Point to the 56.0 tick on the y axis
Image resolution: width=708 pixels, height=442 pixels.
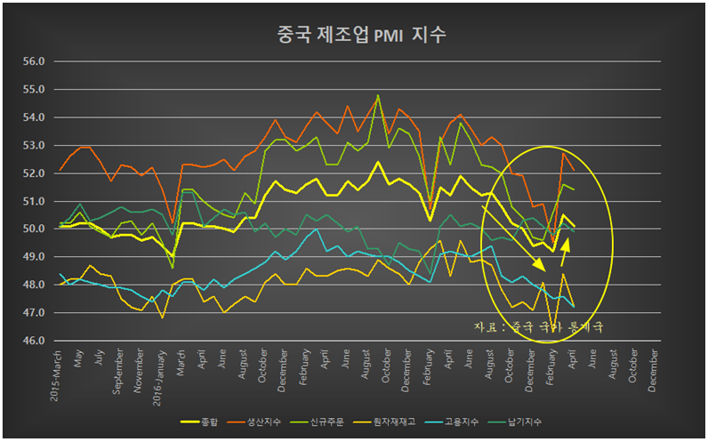click(33, 62)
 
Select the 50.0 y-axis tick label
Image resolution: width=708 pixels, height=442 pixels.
click(33, 229)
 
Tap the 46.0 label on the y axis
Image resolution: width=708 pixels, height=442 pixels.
click(33, 342)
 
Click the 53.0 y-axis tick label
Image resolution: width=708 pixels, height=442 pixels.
click(33, 146)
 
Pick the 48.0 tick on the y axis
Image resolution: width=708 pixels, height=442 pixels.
click(33, 285)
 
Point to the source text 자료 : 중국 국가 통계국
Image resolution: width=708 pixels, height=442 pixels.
click(539, 327)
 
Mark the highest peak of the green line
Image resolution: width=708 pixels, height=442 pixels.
click(379, 95)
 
